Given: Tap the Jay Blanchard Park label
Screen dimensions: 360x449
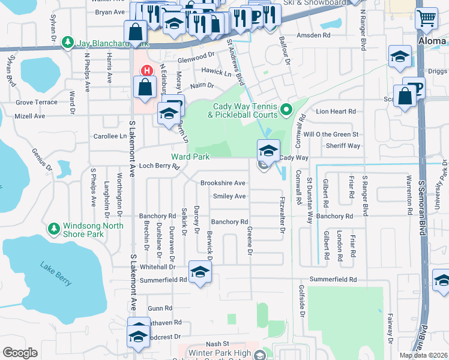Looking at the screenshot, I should click(109, 43).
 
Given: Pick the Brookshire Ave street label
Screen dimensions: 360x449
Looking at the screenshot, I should click(223, 183).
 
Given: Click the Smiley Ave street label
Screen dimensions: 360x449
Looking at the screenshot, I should click(229, 196).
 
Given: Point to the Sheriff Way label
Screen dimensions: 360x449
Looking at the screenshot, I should click(343, 146).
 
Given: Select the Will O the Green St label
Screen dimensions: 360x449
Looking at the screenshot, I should click(331, 134).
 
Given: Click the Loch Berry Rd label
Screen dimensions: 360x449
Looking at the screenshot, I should click(160, 166).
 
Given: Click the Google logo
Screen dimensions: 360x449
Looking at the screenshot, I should click(20, 353).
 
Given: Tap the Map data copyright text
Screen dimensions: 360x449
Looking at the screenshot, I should click(423, 355).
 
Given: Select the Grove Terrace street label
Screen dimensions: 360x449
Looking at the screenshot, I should click(37, 103).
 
